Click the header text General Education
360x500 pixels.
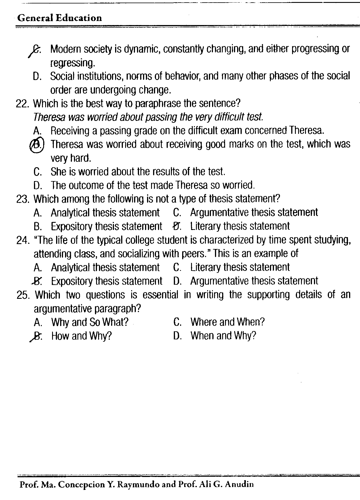click(59, 18)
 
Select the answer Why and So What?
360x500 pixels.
click(90, 322)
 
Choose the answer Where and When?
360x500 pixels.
click(227, 322)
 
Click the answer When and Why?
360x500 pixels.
click(223, 336)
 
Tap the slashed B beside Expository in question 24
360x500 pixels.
click(38, 281)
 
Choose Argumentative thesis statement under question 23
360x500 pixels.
click(254, 213)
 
